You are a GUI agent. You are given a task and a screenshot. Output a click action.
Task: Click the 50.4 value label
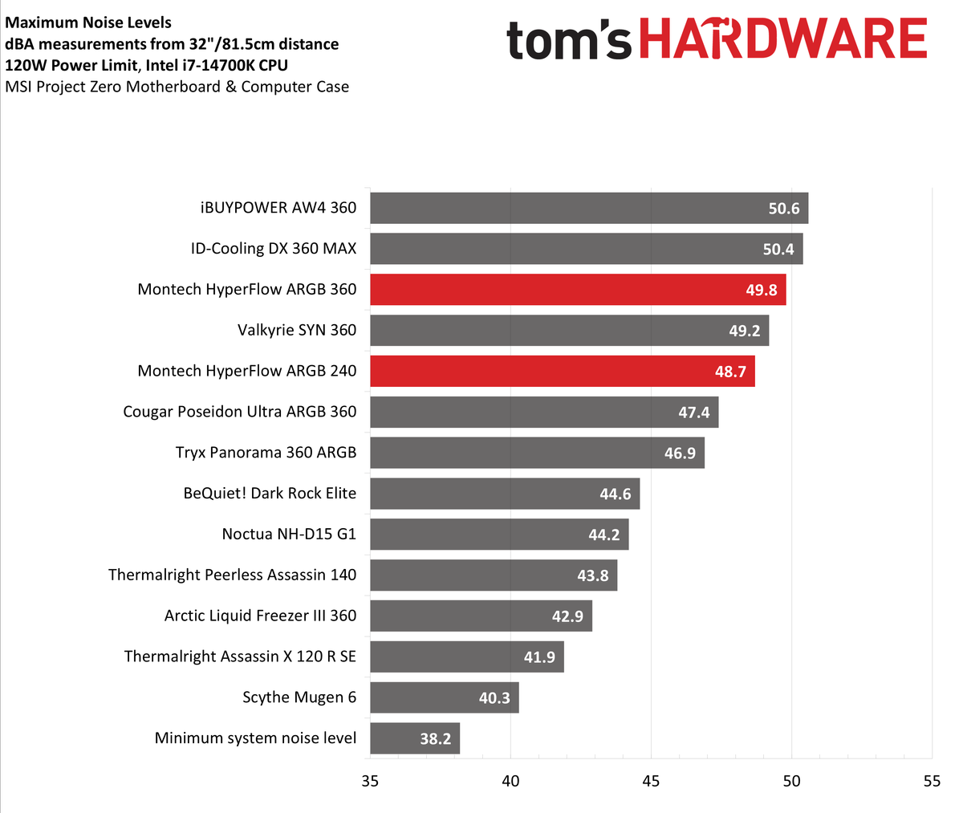[x=778, y=249]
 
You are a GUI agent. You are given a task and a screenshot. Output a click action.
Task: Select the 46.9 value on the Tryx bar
[x=680, y=453]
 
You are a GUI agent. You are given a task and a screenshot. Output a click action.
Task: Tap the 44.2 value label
[x=603, y=535]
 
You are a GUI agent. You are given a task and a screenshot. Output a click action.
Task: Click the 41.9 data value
[x=539, y=656]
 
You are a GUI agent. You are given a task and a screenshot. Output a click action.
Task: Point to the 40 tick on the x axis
[x=510, y=781]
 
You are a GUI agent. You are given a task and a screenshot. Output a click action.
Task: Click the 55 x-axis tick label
[x=931, y=781]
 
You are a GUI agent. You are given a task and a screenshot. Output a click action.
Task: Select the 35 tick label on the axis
[x=370, y=781]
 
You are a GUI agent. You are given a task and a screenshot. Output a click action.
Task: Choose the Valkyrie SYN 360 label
[x=297, y=330]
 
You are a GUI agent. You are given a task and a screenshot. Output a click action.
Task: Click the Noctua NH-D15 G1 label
[x=289, y=534]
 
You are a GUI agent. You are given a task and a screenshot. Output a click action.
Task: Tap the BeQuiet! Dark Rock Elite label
[x=270, y=493]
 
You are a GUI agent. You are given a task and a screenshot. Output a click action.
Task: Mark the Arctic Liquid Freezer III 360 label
[x=260, y=616]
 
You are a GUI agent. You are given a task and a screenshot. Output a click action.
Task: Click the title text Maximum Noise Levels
[x=88, y=22]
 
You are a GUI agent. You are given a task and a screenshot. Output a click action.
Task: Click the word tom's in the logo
[x=568, y=42]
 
